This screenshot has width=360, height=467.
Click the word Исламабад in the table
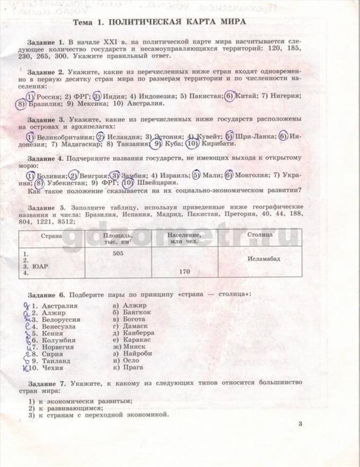[x=263, y=259]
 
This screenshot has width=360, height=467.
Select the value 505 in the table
[x=118, y=254]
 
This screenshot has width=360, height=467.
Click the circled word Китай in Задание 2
[x=244, y=96]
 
